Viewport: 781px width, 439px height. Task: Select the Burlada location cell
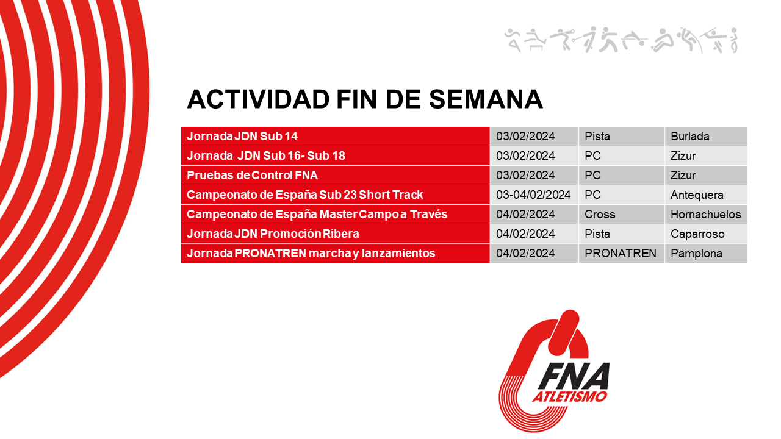pos(689,137)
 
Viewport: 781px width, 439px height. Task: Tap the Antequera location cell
pos(697,195)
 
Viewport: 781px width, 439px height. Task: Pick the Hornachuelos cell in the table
pos(705,215)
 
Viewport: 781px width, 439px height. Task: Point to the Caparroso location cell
pos(697,234)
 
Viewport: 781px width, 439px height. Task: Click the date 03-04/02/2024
pos(533,195)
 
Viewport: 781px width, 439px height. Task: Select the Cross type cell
pos(600,215)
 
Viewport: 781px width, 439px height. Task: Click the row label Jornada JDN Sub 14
pos(242,137)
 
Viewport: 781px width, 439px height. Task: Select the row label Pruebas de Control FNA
pos(252,176)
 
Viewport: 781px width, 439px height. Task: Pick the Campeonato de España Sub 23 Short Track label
pos(304,195)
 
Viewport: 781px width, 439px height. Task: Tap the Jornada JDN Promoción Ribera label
pos(273,234)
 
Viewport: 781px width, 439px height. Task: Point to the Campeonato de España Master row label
pos(317,215)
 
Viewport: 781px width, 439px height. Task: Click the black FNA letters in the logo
pos(574,376)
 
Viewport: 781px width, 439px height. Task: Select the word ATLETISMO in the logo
pos(569,397)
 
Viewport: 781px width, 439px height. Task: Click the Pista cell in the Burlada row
pos(597,137)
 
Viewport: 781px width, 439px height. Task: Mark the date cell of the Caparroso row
pos(525,234)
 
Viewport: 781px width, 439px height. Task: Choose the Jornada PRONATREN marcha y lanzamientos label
pos(311,254)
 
